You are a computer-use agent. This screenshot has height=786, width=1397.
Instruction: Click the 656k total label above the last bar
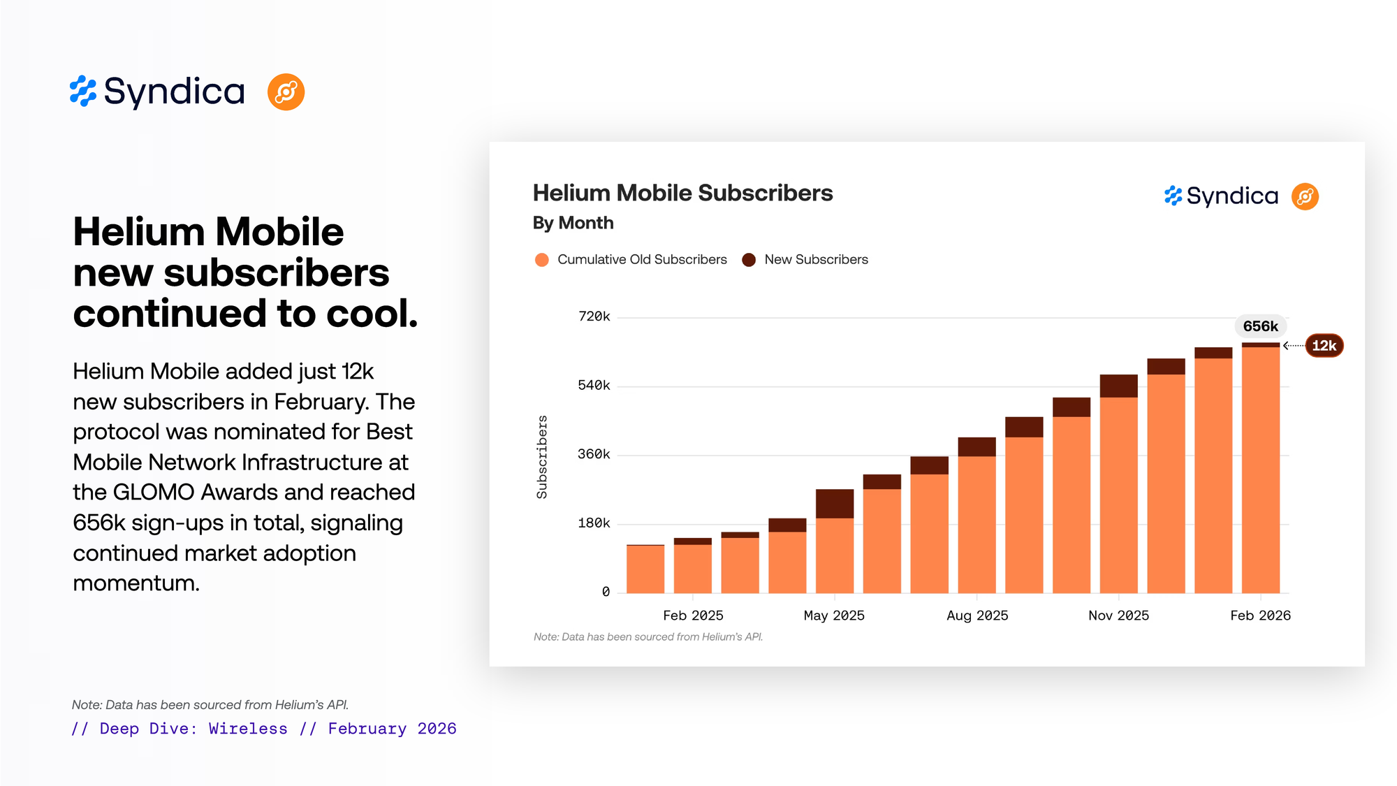click(1260, 326)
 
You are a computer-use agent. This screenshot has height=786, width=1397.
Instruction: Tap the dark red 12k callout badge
click(1324, 345)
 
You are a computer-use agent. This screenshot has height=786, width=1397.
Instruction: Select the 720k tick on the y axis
click(594, 316)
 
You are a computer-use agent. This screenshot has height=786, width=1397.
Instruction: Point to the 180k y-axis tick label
click(594, 523)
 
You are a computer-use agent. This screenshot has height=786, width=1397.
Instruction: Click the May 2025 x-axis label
click(834, 616)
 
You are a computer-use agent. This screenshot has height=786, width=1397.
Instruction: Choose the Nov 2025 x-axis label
click(1118, 616)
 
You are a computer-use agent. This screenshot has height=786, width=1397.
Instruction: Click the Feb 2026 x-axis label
click(1260, 616)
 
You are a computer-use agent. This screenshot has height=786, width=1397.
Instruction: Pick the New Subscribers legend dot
click(749, 260)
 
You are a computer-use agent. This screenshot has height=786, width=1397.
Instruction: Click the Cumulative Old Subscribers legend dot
click(541, 260)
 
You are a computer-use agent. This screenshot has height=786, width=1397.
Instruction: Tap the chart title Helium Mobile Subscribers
click(682, 194)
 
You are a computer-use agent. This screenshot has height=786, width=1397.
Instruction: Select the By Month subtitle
click(573, 223)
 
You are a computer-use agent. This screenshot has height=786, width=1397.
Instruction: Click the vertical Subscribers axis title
click(542, 457)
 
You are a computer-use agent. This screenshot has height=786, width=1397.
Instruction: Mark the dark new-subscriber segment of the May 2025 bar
click(835, 504)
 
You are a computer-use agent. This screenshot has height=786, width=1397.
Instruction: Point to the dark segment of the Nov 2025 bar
click(1118, 386)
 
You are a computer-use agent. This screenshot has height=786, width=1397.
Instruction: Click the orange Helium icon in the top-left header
click(286, 92)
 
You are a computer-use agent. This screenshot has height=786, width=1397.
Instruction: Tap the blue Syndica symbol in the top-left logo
click(83, 92)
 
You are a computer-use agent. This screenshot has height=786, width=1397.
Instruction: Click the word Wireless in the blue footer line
click(248, 729)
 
